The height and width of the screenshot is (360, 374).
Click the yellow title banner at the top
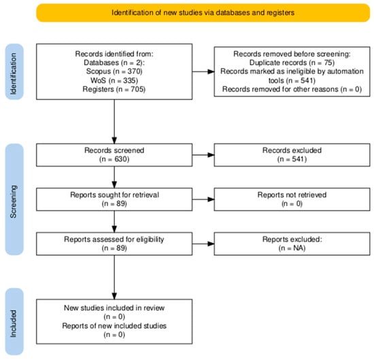coord(203,13)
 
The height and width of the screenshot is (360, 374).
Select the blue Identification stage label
coord(14,72)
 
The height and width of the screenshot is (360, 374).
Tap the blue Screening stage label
coord(14,200)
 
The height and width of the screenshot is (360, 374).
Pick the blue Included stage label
coord(14,322)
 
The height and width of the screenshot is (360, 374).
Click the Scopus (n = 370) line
coord(114,71)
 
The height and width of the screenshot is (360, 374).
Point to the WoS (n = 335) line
coord(114,80)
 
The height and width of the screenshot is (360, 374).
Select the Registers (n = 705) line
coord(114,89)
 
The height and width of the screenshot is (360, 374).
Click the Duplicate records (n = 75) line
coord(292,62)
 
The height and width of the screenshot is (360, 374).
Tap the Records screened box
coord(114,155)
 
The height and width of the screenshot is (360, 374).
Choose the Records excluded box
coord(292,155)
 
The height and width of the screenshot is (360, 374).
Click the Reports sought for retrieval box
coord(114,200)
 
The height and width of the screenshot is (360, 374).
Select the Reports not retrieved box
coord(292,200)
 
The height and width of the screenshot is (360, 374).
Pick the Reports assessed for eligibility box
coord(114,244)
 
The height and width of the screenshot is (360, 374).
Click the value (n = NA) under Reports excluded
coord(292,248)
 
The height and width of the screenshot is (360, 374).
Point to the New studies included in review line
coord(114,308)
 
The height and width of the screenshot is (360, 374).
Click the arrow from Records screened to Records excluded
coord(203,155)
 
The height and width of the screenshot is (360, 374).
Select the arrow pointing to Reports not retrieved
coord(203,200)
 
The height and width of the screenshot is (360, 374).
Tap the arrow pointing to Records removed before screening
coord(203,71)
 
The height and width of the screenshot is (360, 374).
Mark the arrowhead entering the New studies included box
coord(114,296)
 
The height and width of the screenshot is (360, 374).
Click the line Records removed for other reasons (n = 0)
coord(292,89)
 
